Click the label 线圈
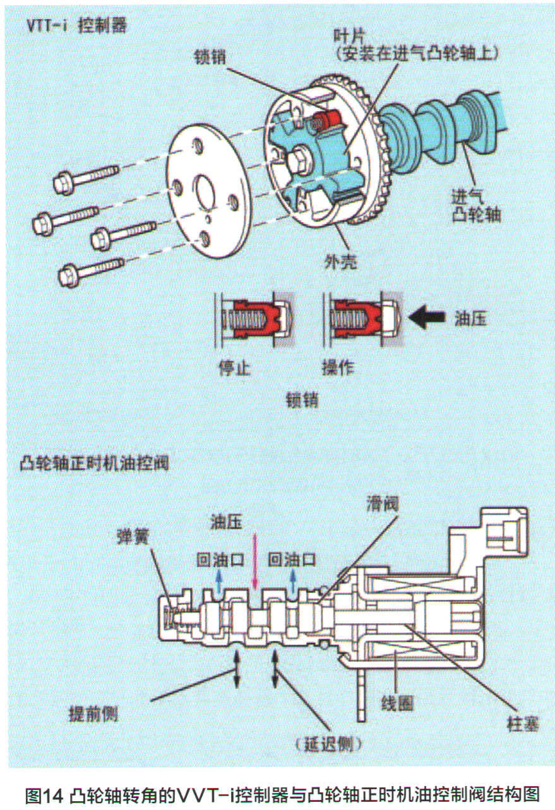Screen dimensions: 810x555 pyautogui.click(x=398, y=703)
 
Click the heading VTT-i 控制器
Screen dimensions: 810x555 pyautogui.click(x=76, y=26)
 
